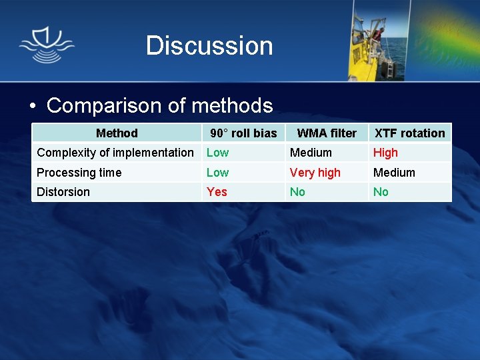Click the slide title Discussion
tap(209, 46)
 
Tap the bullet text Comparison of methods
tap(159, 105)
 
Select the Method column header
tap(117, 133)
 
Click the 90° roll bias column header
tap(243, 133)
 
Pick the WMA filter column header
tap(327, 133)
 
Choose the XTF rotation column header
tap(409, 133)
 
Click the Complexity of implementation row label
tap(115, 153)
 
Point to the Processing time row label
tap(79, 173)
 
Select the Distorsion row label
tap(63, 192)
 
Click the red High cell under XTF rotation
tap(385, 153)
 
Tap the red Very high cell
tap(315, 173)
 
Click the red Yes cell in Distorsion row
tap(217, 192)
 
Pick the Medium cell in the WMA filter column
tap(311, 153)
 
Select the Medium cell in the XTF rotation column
tap(394, 173)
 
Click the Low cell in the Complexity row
tap(217, 153)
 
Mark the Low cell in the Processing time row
tap(217, 173)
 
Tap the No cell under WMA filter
tap(297, 192)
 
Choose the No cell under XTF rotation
tap(381, 192)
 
